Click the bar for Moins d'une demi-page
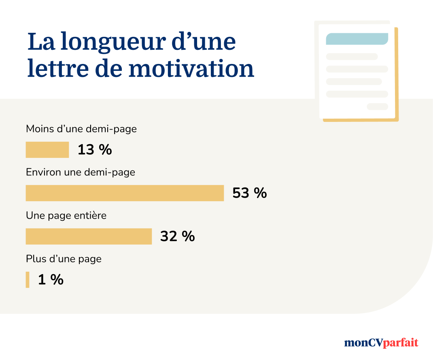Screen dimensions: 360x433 tap(47, 149)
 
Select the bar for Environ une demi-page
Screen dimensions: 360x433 tap(125, 193)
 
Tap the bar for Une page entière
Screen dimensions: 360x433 tap(89, 236)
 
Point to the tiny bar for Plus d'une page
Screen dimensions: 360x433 tap(28, 279)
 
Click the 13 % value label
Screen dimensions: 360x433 tap(95, 150)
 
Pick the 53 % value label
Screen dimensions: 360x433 tap(250, 193)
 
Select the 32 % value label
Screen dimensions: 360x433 tap(177, 236)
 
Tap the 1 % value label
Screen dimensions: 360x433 tap(51, 279)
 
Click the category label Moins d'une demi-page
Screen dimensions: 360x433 tap(81, 129)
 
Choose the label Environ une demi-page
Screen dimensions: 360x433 tap(81, 172)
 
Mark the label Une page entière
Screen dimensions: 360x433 tap(66, 215)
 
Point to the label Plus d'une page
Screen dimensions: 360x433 tap(64, 258)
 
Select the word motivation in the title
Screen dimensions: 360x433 tap(191, 69)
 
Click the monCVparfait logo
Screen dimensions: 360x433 tap(381, 343)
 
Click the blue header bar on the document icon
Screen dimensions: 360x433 tap(357, 39)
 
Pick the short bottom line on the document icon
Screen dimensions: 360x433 tap(377, 107)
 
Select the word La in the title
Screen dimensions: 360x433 tap(41, 42)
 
